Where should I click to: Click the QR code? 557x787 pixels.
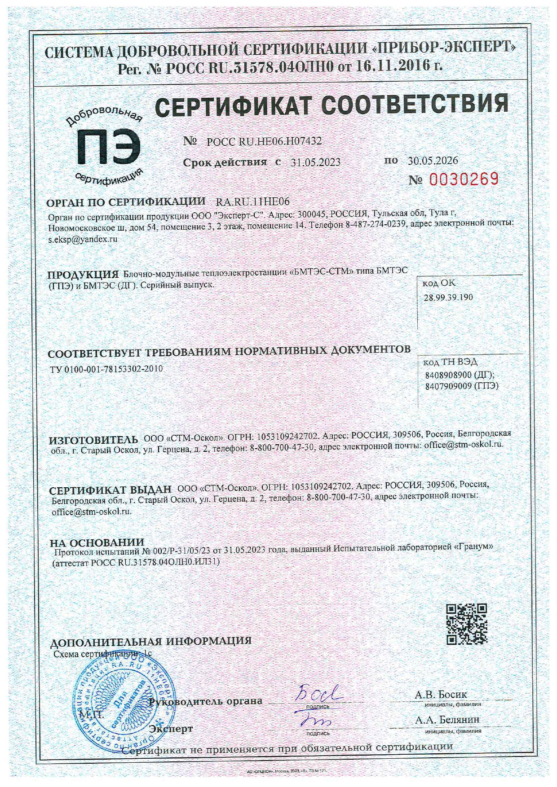[466, 624]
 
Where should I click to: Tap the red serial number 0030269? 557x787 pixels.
[464, 179]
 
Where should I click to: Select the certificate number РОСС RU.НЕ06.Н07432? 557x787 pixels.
[264, 142]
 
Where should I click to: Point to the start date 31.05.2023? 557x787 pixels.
[315, 162]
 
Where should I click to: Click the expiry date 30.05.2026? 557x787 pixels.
[433, 161]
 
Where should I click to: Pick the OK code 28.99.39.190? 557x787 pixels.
[448, 297]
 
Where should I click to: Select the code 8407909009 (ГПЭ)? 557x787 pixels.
[461, 386]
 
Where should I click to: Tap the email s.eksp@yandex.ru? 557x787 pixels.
[83, 239]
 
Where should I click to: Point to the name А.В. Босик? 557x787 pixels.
[441, 695]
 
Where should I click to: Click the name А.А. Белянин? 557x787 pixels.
[447, 720]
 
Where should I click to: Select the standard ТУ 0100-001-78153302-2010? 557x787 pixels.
[106, 369]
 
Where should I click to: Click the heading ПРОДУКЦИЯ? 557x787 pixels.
[83, 275]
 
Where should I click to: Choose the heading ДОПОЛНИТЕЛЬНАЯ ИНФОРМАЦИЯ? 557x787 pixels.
[150, 641]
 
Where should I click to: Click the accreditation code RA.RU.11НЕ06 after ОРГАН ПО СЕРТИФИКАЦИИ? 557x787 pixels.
[253, 202]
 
